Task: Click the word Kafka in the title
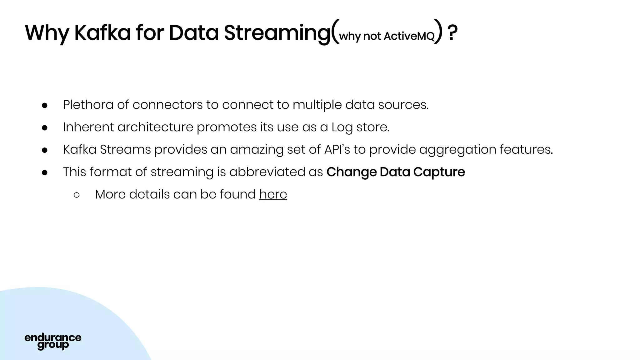(x=102, y=33)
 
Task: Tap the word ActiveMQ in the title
(x=409, y=36)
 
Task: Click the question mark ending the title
(x=452, y=33)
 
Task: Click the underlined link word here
(x=273, y=194)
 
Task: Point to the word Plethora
(x=88, y=105)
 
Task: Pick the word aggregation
(x=457, y=150)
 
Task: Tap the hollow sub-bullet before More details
(x=77, y=195)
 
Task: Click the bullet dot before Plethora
(x=44, y=106)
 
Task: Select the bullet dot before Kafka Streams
(x=44, y=150)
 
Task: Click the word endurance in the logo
(x=53, y=337)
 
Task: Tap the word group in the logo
(x=53, y=345)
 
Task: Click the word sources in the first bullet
(x=403, y=105)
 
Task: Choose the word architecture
(x=155, y=127)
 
